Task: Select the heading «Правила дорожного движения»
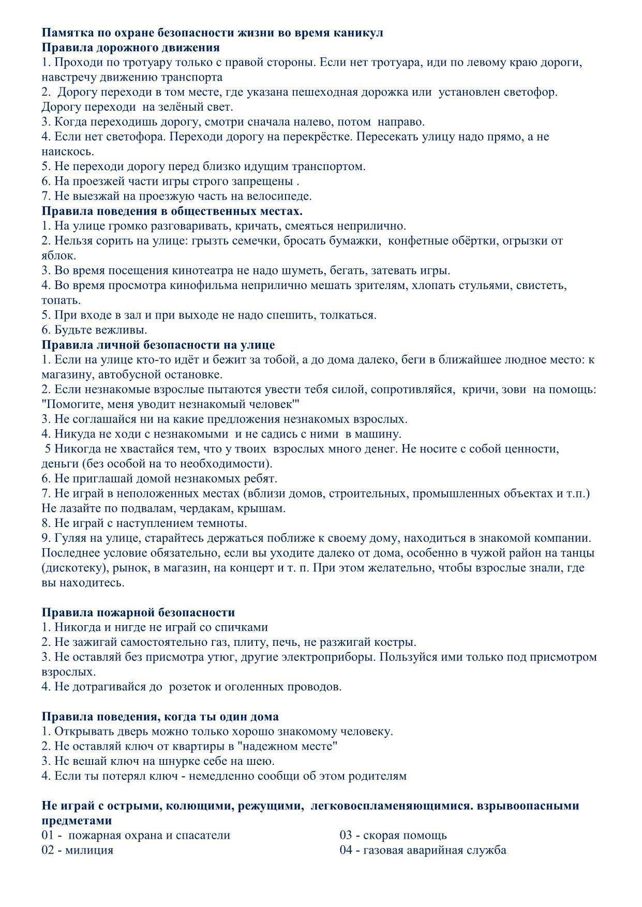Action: pos(130,48)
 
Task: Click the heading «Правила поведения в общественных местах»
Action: pos(172,211)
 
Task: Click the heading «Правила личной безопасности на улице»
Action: pos(158,344)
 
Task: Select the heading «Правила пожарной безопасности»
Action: pos(138,612)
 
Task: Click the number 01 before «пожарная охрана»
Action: pos(48,835)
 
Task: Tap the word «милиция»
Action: pos(89,850)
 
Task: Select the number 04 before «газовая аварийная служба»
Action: pos(347,850)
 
